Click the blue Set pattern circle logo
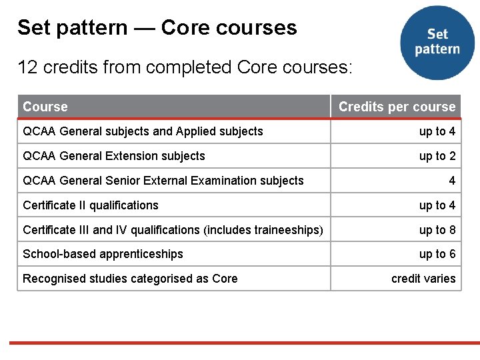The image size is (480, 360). (437, 42)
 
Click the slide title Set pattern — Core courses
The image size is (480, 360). (157, 27)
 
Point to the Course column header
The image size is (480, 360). (45, 107)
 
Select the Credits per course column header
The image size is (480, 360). (397, 107)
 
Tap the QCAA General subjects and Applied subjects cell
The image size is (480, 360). (143, 131)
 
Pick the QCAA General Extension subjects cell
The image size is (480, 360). (114, 156)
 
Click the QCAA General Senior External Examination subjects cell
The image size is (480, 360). (163, 181)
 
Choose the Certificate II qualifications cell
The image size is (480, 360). (91, 205)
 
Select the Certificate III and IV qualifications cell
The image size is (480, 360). (173, 230)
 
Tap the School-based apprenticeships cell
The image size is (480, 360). (103, 254)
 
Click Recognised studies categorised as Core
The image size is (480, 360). (130, 279)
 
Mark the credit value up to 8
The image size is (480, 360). (437, 230)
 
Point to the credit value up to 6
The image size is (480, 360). (437, 254)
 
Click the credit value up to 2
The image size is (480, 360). (437, 156)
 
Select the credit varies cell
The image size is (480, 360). (423, 279)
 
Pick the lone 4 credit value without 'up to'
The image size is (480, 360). (452, 181)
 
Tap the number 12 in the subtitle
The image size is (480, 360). (27, 67)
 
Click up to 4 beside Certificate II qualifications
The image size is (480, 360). (437, 205)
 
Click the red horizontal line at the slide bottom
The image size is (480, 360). (240, 343)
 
